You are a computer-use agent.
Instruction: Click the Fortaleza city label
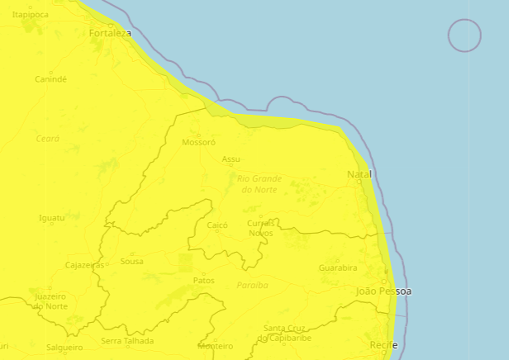(110, 34)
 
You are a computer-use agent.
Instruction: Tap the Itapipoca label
(30, 15)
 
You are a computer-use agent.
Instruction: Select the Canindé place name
(50, 79)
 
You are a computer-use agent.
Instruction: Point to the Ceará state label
(48, 139)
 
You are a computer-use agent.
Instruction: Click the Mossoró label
(198, 142)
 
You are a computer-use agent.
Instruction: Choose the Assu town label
(231, 159)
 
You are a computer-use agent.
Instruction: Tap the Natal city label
(359, 174)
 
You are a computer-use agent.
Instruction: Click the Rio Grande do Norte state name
(259, 183)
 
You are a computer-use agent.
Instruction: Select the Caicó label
(217, 225)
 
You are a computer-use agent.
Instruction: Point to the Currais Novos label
(260, 228)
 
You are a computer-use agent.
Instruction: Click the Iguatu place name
(51, 218)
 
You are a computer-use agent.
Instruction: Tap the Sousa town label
(131, 261)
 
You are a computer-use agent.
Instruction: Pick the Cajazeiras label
(84, 265)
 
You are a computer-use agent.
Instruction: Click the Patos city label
(203, 281)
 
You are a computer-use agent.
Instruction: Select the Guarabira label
(338, 268)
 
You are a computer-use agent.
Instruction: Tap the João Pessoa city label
(383, 291)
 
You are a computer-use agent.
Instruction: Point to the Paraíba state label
(253, 285)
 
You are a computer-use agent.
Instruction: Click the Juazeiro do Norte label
(50, 301)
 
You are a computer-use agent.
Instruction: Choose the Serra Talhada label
(127, 340)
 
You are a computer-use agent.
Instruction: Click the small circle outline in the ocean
(464, 36)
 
